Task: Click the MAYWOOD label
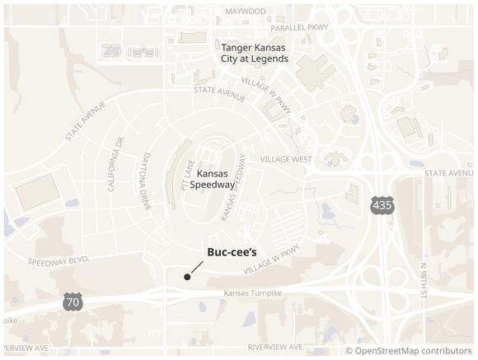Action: pos(246,12)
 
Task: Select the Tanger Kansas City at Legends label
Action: pos(255,53)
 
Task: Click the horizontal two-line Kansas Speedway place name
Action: pos(213,180)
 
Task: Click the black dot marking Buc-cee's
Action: pos(187,277)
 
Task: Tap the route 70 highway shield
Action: pos(73,302)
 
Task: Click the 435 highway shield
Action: pos(381,206)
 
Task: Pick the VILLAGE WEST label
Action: pos(286,159)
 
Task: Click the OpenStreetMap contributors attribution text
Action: pos(408,351)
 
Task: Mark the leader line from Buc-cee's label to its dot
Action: pos(197,267)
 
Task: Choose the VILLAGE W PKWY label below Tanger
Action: pos(267,94)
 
